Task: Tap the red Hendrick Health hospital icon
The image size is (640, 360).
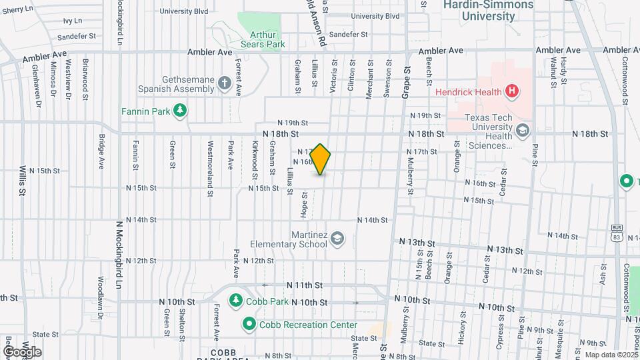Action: [511, 91]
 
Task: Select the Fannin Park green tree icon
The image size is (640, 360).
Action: [179, 111]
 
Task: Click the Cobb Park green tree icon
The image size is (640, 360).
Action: [235, 301]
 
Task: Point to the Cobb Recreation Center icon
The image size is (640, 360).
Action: [249, 325]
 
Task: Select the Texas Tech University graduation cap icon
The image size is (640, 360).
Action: [522, 130]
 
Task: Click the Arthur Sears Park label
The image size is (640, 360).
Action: [267, 39]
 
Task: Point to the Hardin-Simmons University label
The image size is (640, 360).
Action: [489, 10]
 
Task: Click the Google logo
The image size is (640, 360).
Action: [21, 351]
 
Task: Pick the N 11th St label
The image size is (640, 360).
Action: [308, 285]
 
